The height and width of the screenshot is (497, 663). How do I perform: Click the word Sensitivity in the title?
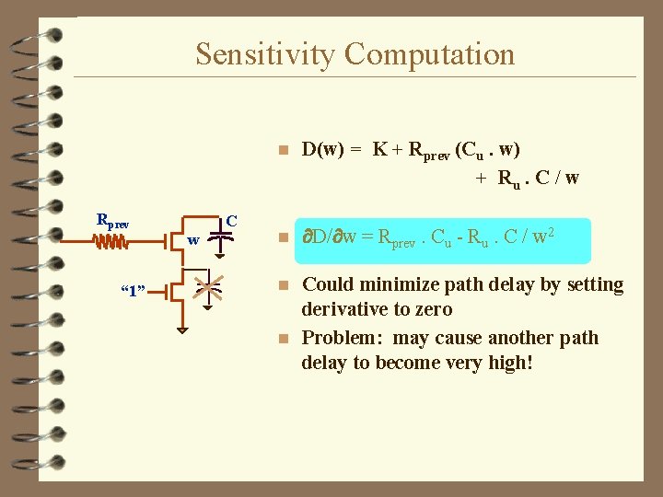click(263, 54)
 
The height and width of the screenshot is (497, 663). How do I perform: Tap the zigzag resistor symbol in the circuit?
click(111, 242)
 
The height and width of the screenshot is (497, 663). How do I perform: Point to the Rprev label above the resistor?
click(112, 221)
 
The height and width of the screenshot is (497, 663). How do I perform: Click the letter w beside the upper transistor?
click(192, 240)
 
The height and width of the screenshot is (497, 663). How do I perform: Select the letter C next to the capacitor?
click(232, 221)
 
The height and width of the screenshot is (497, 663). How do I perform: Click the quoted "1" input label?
click(135, 292)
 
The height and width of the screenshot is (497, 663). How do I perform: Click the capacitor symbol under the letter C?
click(219, 238)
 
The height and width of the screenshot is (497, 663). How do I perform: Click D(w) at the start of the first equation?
click(322, 150)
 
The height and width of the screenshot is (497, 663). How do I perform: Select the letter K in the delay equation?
click(379, 150)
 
